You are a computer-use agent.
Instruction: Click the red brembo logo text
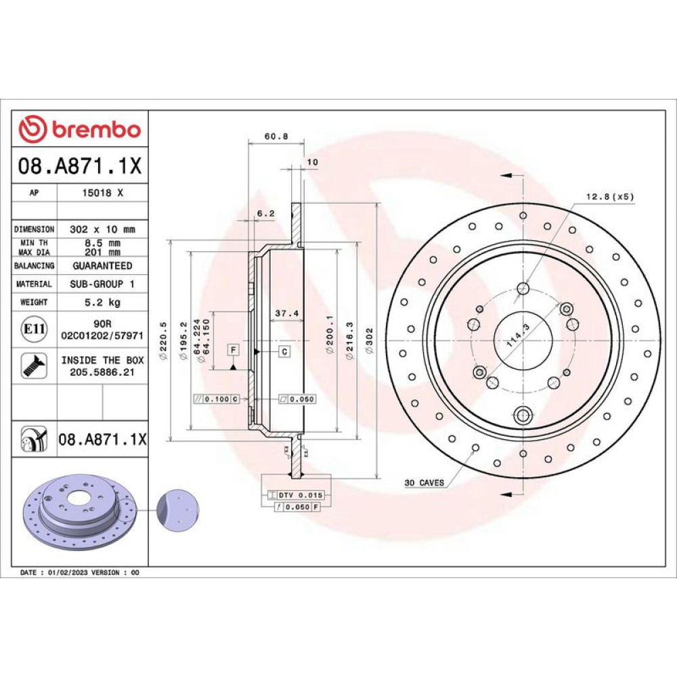coord(96,129)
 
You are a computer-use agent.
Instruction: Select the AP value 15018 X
coord(102,193)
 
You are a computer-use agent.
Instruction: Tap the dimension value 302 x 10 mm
coord(102,230)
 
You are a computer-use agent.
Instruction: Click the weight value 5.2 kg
coord(102,302)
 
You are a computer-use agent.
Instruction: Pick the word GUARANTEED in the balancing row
coord(102,265)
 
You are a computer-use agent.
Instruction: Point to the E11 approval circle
coord(34,329)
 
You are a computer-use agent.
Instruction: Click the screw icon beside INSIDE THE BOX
coord(34,366)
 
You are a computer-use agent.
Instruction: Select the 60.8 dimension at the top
coord(276,137)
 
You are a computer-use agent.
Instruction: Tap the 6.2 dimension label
coord(265,213)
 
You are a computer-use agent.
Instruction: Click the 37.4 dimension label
coord(286,313)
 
